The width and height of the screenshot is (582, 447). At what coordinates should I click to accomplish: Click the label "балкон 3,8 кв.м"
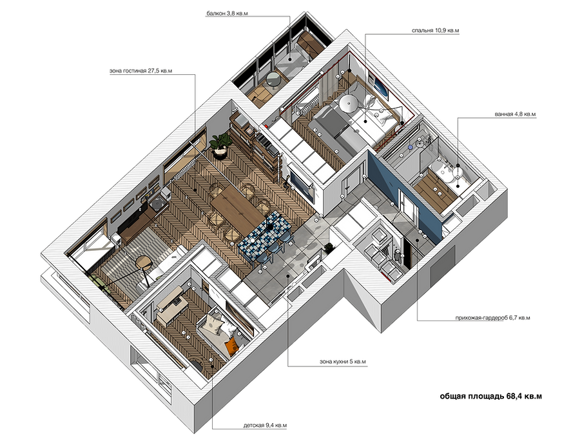[227, 14]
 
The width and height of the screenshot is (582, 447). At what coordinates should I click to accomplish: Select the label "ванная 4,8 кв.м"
[515, 114]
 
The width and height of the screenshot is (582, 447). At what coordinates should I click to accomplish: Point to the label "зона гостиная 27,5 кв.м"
[141, 70]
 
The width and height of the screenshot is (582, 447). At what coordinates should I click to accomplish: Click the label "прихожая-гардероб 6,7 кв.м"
[493, 318]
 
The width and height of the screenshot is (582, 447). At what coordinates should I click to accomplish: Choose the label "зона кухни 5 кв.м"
[343, 361]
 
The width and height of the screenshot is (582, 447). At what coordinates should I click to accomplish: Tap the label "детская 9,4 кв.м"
[265, 426]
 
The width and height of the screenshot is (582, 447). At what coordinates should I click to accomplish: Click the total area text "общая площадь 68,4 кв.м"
[490, 396]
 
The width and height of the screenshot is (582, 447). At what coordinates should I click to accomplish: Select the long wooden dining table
[238, 208]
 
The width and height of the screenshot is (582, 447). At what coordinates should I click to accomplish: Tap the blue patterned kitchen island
[264, 232]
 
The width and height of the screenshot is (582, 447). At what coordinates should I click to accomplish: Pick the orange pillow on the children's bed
[232, 344]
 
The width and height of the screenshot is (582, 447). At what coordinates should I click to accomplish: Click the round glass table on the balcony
[275, 79]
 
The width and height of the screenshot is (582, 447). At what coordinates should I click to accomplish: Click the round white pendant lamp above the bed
[349, 103]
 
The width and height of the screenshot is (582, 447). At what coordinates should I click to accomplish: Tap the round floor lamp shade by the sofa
[144, 262]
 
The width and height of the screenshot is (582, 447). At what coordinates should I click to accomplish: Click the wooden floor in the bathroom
[434, 192]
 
